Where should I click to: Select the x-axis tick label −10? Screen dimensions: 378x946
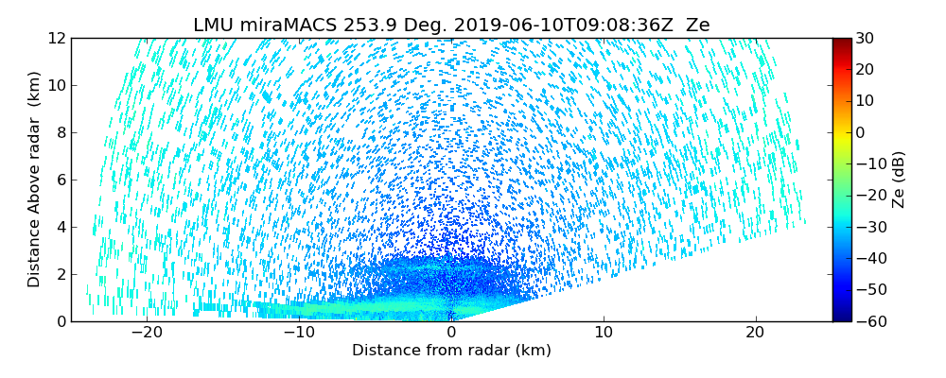point(298,333)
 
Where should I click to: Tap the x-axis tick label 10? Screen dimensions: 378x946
point(604,333)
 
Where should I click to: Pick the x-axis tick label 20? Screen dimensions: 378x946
point(755,333)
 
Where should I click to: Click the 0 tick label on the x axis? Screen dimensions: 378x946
point(451,333)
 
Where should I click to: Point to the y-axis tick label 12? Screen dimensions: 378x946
point(56,38)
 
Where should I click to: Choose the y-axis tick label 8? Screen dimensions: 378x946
point(60,132)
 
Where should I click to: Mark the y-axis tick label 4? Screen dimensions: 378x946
point(60,227)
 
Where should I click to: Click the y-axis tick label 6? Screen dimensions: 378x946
point(60,180)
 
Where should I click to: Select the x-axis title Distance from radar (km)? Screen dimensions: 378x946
point(451,351)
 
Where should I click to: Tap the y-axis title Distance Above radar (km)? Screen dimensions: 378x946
point(35,180)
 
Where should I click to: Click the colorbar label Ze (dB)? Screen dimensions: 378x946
point(899,180)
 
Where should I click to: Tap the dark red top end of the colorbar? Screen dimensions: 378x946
point(841,42)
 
